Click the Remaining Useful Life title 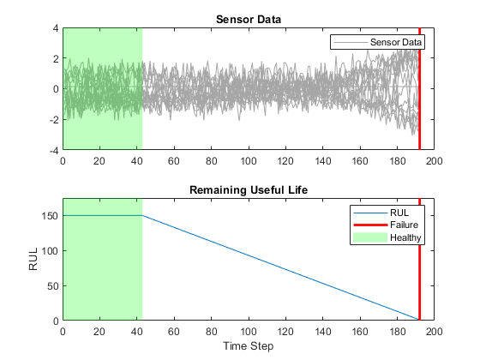(249, 190)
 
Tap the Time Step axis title (249, 347)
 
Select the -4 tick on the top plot (54, 149)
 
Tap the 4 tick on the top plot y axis (57, 27)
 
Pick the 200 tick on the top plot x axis (434, 159)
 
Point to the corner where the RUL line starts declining (142, 215)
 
